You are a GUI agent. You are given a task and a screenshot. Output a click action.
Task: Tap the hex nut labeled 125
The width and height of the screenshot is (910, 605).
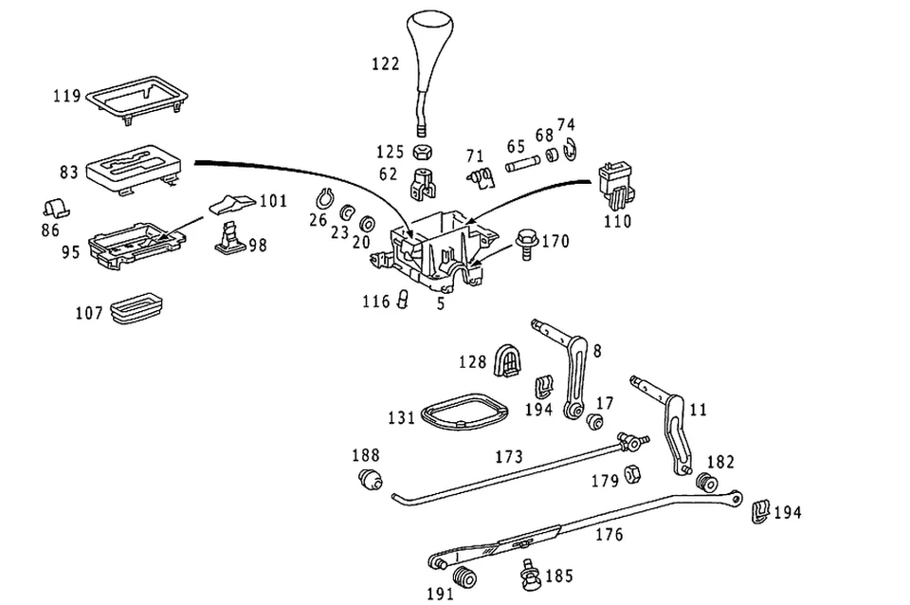tap(422, 153)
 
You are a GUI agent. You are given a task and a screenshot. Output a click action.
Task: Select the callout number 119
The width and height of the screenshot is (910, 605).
tap(66, 95)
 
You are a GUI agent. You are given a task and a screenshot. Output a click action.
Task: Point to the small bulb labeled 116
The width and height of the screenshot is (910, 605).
tap(403, 299)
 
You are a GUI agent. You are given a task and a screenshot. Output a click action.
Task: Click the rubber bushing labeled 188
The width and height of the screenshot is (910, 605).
tap(369, 479)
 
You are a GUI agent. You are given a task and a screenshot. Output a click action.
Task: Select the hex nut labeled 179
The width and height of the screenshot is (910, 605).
tap(632, 474)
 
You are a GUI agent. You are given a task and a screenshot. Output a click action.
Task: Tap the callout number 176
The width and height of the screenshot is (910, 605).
tap(609, 534)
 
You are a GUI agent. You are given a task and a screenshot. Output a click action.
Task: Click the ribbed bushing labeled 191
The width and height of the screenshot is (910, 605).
tap(464, 577)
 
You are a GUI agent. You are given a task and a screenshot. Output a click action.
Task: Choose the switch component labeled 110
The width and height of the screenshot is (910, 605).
tap(615, 185)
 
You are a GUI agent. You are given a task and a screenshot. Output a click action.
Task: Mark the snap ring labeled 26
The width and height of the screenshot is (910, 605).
tap(322, 199)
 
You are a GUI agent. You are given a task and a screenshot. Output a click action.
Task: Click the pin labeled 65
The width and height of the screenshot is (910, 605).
tap(523, 163)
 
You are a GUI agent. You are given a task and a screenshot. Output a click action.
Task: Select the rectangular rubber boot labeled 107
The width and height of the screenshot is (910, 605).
tap(136, 308)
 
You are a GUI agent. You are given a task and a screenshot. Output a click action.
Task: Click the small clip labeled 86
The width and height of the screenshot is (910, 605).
tap(56, 209)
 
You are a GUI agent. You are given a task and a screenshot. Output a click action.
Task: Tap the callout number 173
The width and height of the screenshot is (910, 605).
tap(509, 456)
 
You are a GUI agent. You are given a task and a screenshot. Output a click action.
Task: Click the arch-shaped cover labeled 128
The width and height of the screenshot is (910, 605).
tap(507, 360)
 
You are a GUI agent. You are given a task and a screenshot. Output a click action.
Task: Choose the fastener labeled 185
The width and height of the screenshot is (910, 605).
tap(529, 575)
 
